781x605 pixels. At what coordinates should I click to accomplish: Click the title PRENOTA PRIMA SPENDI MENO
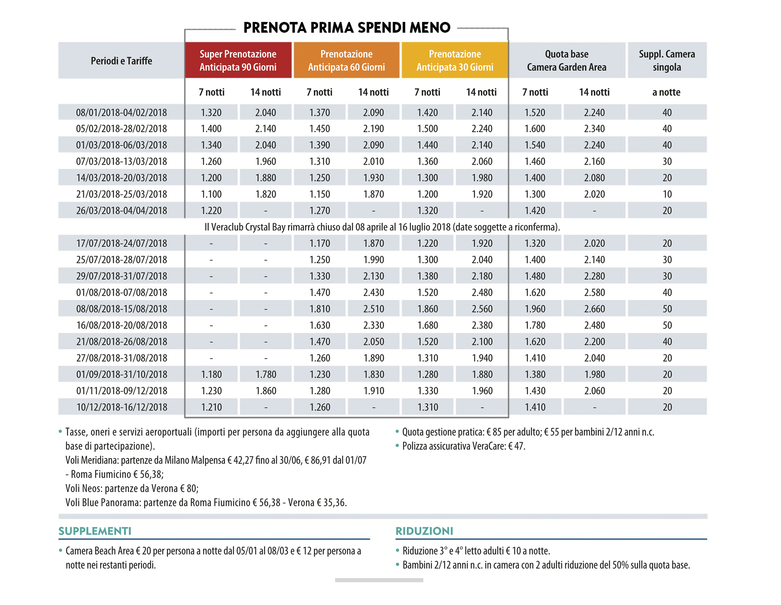click(346, 28)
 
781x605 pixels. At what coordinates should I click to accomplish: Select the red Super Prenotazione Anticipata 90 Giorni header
click(238, 60)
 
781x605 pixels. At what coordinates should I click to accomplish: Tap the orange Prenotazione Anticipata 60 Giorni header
click(346, 60)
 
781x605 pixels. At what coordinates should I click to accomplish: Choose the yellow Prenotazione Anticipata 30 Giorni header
click(455, 60)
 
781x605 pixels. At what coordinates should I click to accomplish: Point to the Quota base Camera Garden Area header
click(566, 60)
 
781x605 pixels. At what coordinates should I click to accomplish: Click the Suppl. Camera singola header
click(666, 60)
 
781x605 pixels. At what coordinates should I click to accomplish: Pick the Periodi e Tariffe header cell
click(121, 61)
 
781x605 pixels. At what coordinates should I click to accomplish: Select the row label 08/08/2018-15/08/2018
click(122, 309)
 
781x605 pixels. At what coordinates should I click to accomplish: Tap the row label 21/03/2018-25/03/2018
click(122, 194)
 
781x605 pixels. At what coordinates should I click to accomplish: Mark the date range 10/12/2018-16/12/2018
click(122, 407)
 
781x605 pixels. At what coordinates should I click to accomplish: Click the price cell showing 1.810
click(320, 309)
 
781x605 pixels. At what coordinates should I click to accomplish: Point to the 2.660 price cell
click(594, 309)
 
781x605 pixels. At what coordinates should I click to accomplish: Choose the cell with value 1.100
click(211, 194)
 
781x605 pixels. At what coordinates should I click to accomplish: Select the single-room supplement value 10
click(667, 194)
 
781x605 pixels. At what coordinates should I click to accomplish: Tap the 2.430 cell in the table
click(373, 293)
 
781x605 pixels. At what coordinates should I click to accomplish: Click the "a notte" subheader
click(666, 92)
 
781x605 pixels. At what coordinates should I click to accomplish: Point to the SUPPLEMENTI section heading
click(95, 531)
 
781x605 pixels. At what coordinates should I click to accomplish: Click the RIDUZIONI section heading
click(424, 531)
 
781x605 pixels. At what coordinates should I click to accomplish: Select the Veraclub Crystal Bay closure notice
click(382, 227)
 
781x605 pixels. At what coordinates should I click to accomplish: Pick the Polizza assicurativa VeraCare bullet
click(463, 446)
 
